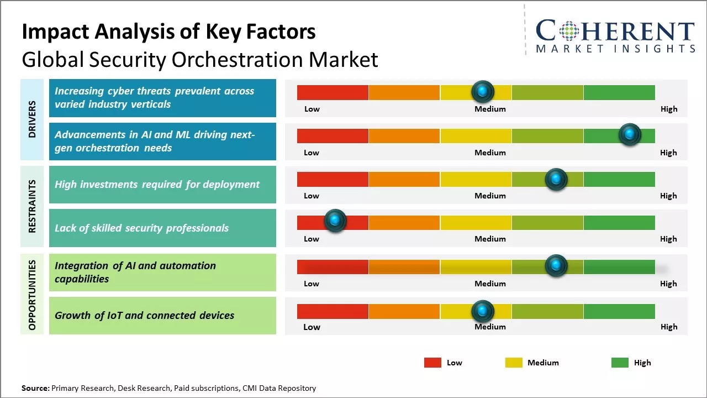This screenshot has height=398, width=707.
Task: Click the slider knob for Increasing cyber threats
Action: click(x=483, y=91)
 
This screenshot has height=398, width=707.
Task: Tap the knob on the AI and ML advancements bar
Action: click(x=629, y=134)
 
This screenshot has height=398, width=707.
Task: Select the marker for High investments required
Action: click(x=556, y=179)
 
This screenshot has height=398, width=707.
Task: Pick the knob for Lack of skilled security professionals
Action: click(x=334, y=221)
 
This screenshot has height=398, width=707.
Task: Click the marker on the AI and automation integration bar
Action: click(x=556, y=265)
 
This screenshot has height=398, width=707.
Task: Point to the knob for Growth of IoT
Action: click(x=483, y=311)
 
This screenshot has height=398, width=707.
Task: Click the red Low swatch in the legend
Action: click(x=432, y=363)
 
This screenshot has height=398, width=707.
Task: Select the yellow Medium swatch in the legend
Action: click(x=514, y=363)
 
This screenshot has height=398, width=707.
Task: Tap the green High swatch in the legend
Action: click(x=620, y=363)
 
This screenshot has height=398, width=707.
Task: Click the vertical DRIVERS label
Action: click(x=32, y=119)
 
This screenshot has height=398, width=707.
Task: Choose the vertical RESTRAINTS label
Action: click(x=32, y=206)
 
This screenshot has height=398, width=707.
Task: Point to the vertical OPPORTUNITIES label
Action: click(x=32, y=295)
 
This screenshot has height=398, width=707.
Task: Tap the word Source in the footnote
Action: click(x=35, y=388)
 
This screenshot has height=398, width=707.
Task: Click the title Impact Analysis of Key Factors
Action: click(x=168, y=32)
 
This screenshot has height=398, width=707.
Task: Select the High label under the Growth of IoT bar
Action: click(x=668, y=327)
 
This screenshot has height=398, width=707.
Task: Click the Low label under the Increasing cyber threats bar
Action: click(x=312, y=109)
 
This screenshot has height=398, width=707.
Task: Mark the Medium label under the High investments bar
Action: click(x=490, y=196)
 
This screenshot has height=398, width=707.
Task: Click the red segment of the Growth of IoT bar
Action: click(x=333, y=311)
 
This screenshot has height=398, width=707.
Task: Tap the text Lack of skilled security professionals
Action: click(x=141, y=228)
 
